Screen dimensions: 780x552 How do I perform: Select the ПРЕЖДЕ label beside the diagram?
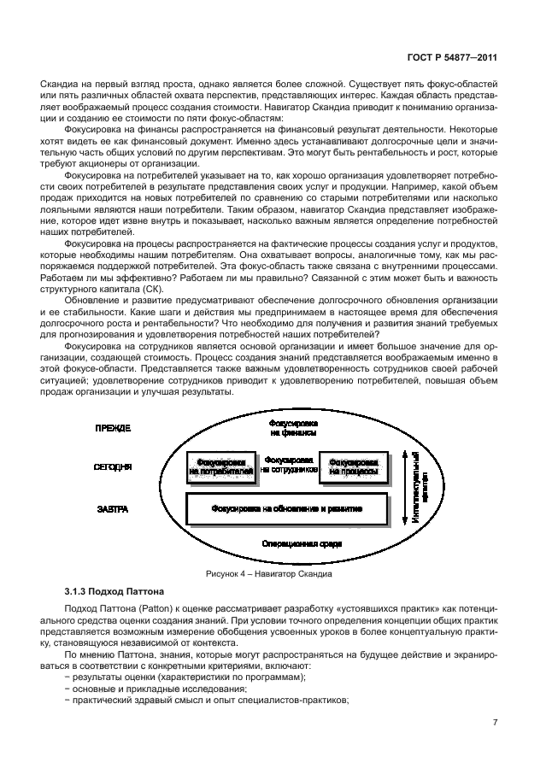[113, 427]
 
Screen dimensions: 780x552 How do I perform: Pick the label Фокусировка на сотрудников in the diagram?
[288, 465]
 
